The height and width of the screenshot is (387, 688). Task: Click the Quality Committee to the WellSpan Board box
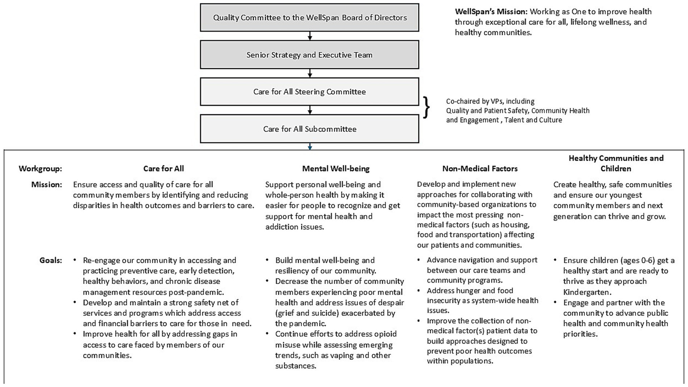tap(309, 18)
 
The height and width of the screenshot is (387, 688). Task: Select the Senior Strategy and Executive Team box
tap(309, 55)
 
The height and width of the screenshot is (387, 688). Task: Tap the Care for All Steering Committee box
tap(309, 92)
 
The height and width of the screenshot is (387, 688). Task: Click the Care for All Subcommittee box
tap(309, 129)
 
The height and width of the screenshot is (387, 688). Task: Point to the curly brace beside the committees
tap(426, 107)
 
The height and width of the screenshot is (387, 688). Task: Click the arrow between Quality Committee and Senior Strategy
tap(310, 36)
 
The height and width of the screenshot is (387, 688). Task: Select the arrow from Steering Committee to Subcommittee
tap(310, 110)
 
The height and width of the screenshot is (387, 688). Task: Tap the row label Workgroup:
tap(40, 169)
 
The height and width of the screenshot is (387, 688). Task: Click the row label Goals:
tap(51, 260)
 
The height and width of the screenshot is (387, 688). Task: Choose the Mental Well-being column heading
tap(336, 169)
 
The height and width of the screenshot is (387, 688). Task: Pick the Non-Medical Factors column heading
tap(480, 169)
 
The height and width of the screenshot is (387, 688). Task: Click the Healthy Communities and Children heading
tap(616, 163)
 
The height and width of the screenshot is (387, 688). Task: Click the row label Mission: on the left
tap(47, 185)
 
